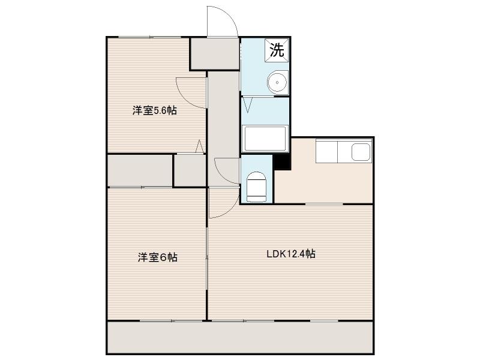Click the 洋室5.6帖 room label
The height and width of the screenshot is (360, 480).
tap(155, 110)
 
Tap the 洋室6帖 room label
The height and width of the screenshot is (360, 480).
tap(158, 257)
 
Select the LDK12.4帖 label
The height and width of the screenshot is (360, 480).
tap(291, 254)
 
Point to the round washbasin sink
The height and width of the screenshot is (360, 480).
tap(277, 83)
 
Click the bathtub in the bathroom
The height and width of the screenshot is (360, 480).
tap(265, 139)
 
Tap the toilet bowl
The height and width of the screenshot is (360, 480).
tap(257, 185)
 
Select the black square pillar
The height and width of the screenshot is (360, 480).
tap(281, 162)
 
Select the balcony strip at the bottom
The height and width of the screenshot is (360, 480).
tap(240, 337)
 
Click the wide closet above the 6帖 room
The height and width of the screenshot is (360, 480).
tap(140, 170)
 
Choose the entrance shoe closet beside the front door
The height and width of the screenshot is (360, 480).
tap(214, 54)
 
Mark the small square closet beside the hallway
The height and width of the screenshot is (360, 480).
tap(190, 170)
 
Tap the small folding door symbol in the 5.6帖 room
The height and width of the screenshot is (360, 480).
tap(199, 146)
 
